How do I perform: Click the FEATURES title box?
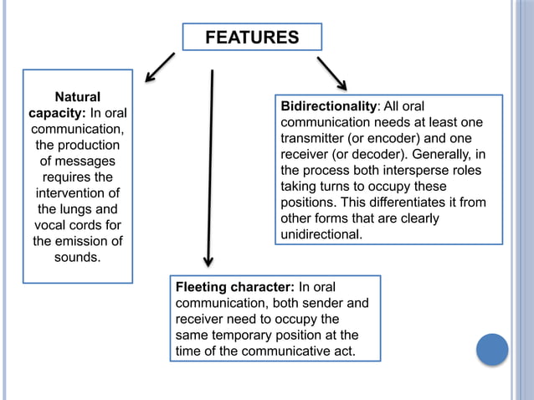pyautogui.click(x=252, y=38)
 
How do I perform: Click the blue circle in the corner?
pyautogui.click(x=492, y=349)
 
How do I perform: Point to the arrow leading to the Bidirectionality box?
pyautogui.click(x=331, y=74)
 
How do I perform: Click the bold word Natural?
pyautogui.click(x=77, y=97)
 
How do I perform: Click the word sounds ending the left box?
pyautogui.click(x=77, y=257)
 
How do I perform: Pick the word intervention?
pyautogui.click(x=77, y=193)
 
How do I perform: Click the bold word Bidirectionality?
pyautogui.click(x=329, y=106)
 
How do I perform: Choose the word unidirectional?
pyautogui.click(x=321, y=234)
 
